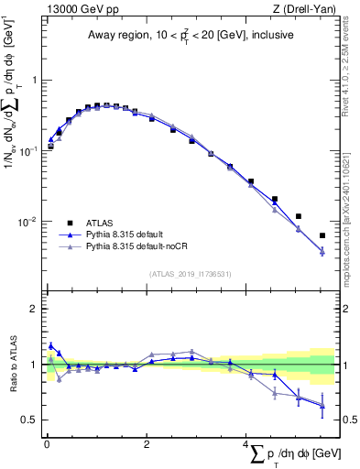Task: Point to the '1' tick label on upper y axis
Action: (x=34, y=81)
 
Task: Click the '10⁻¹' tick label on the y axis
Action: (x=29, y=151)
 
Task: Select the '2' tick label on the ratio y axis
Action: (x=34, y=309)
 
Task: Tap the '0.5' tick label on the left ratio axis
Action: (x=29, y=420)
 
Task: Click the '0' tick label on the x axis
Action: (x=47, y=444)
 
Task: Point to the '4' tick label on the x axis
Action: (x=245, y=444)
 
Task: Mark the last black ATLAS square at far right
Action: (x=322, y=235)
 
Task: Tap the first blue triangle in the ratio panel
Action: (x=50, y=345)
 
